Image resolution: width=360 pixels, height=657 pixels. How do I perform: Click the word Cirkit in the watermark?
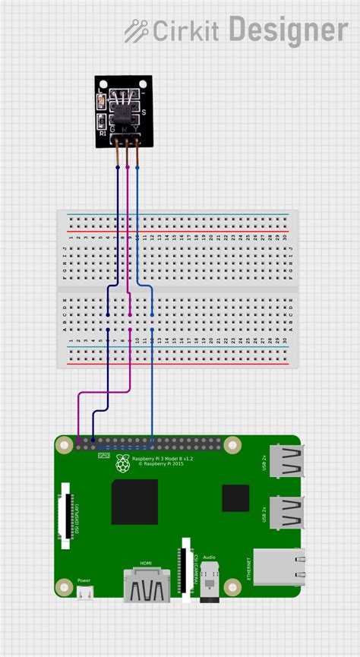(x=185, y=31)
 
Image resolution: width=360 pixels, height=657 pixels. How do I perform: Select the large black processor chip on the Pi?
(x=134, y=501)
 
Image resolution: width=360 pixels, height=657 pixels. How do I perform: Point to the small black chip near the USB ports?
(x=235, y=498)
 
